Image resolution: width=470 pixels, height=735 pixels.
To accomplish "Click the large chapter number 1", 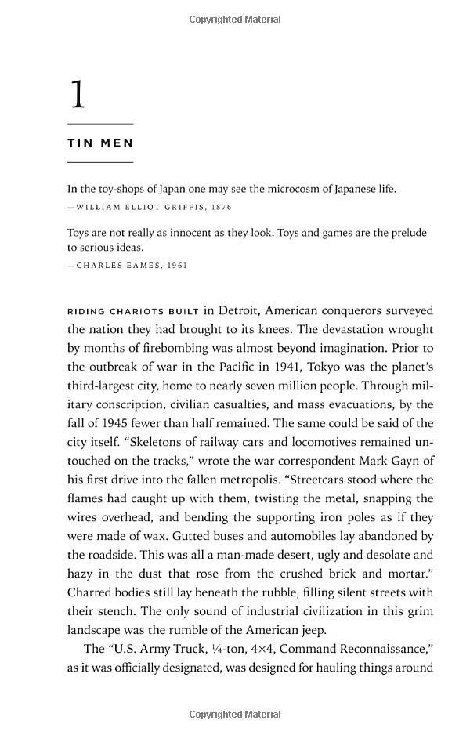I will click(77, 95).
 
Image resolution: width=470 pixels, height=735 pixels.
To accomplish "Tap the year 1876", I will click(221, 207).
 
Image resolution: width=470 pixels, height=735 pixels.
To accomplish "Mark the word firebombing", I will click(165, 348).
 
